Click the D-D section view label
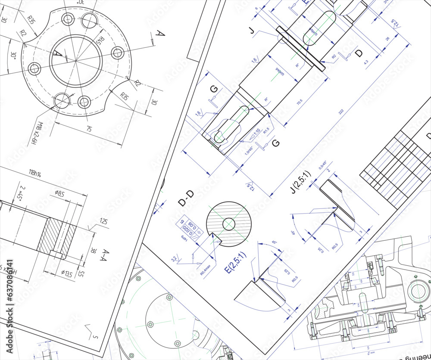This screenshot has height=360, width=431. coord(186,198)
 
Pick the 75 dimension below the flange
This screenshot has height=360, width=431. coord(89,129)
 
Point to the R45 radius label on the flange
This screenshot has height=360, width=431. coord(100,42)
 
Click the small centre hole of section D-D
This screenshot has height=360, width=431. coord(229,224)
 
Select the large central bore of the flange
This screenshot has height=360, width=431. coord(76,60)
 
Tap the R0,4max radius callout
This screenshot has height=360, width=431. coord(206,269)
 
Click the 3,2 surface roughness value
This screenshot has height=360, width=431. coord(174,259)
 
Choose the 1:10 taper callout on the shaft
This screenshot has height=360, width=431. coord(256,132)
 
